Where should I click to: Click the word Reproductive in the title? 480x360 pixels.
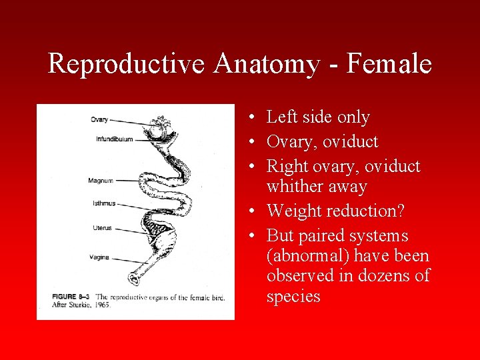[127, 65]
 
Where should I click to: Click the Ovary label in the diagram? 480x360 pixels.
[99, 120]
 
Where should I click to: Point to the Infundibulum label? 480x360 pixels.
[115, 139]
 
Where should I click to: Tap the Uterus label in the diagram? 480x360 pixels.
[102, 228]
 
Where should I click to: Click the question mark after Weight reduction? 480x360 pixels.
[401, 211]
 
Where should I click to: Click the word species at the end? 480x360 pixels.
[293, 296]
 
